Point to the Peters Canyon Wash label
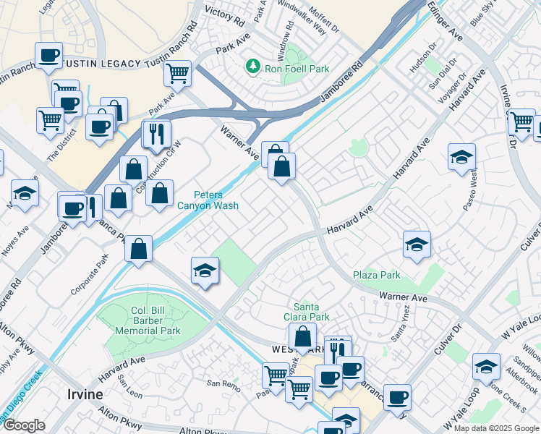(208, 200)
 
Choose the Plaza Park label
(376, 276)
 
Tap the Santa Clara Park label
(311, 312)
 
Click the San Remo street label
(223, 383)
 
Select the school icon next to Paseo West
(461, 157)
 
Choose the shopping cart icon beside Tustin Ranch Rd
(177, 72)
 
